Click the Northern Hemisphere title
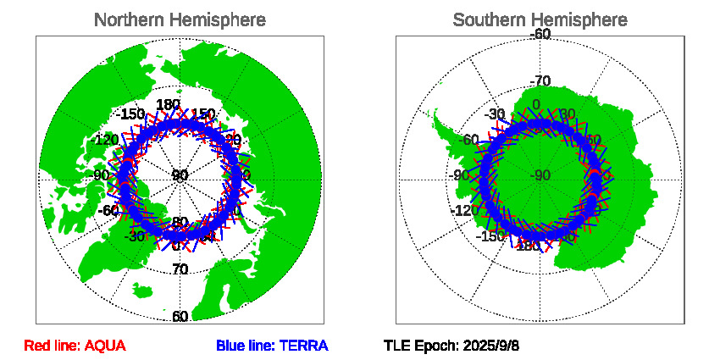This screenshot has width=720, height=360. click(x=179, y=19)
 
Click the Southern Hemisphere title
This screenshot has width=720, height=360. click(x=540, y=19)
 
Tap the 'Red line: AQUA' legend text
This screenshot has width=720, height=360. click(x=75, y=346)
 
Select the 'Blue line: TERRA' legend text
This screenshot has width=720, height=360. click(x=271, y=346)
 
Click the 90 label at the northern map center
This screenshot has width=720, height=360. click(x=180, y=176)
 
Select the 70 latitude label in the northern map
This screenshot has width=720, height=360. click(x=180, y=269)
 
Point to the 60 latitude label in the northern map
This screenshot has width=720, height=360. click(x=180, y=317)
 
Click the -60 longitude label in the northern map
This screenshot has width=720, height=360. click(x=108, y=210)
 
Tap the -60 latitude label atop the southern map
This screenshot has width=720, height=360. click(x=540, y=34)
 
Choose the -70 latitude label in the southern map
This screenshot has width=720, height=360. click(x=540, y=81)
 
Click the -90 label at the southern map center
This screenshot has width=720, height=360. click(x=540, y=176)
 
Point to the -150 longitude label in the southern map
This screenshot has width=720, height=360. click(x=491, y=235)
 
